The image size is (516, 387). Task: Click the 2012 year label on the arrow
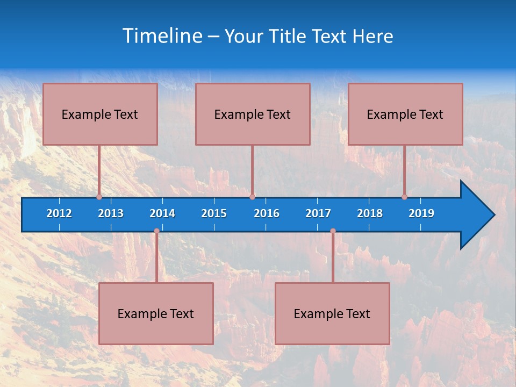tap(59, 213)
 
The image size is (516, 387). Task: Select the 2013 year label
tap(111, 213)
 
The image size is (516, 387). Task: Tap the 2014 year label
tap(162, 213)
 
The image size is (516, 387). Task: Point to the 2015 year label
tap(214, 213)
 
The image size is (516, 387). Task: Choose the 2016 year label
tap(267, 213)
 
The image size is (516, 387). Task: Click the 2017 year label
tap(318, 213)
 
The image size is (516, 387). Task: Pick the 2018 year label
tap(370, 213)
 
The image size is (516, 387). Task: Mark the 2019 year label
tap(421, 213)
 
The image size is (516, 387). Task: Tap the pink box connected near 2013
tap(100, 114)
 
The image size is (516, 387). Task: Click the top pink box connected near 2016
tap(253, 114)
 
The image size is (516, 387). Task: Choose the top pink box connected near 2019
tap(405, 114)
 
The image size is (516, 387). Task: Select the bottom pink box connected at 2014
tap(156, 313)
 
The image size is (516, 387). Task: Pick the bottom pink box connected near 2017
tap(332, 313)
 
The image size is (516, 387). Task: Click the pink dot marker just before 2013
tap(99, 197)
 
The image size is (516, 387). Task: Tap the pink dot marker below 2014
tap(156, 231)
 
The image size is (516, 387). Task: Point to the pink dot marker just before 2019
tap(404, 197)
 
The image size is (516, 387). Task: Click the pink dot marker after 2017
tap(333, 231)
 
